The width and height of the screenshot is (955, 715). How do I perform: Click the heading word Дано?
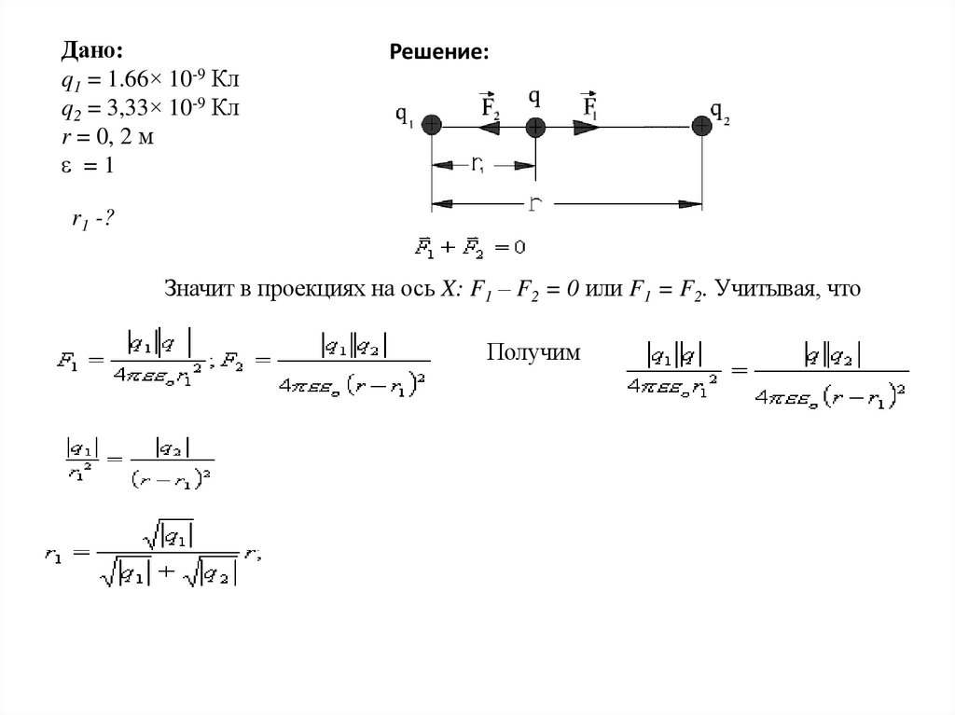[x=92, y=49]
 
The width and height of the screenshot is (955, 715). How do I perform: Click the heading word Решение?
[x=438, y=53]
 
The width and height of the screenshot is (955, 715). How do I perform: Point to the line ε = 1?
[x=92, y=166]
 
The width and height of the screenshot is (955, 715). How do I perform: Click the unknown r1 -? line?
[x=93, y=220]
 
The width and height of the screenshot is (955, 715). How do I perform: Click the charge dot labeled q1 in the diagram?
[x=431, y=126]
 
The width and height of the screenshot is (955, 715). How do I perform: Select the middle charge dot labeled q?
[x=534, y=126]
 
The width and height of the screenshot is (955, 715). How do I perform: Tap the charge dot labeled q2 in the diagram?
[x=701, y=126]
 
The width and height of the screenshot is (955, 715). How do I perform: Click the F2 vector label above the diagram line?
[x=491, y=105]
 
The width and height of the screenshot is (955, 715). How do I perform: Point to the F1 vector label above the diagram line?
[x=590, y=105]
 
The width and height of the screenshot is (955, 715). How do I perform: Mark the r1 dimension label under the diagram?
[x=477, y=165]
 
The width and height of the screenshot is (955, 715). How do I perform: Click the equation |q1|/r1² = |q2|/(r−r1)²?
[x=136, y=460]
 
